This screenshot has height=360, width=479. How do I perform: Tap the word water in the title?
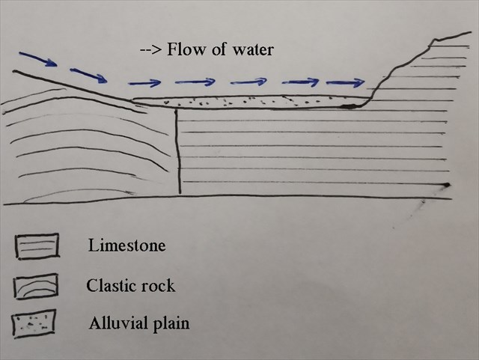[252, 51]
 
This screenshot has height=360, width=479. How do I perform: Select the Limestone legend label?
[126, 245]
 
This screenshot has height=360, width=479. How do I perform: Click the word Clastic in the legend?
[110, 285]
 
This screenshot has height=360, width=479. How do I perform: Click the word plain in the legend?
[171, 325]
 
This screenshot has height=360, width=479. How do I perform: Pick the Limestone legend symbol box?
[37, 245]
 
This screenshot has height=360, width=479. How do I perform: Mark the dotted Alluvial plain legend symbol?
[34, 323]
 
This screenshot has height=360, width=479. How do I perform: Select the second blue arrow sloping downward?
[88, 75]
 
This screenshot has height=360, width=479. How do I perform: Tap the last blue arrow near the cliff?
[344, 81]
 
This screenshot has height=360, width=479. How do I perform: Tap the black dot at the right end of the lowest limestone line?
[446, 184]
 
